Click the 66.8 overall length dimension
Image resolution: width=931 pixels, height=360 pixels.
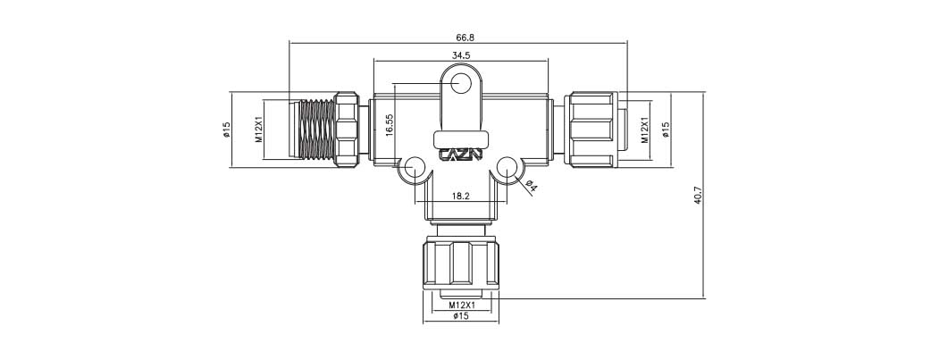pyautogui.click(x=464, y=38)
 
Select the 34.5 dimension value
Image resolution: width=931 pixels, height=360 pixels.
pyautogui.click(x=461, y=55)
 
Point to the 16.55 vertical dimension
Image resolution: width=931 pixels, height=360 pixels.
pyautogui.click(x=390, y=124)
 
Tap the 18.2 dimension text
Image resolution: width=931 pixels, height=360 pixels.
pyautogui.click(x=461, y=195)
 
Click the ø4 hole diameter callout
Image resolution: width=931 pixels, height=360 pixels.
pyautogui.click(x=531, y=186)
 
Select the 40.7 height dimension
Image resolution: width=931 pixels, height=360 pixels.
pyautogui.click(x=698, y=196)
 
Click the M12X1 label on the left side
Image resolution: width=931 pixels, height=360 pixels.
pyautogui.click(x=258, y=130)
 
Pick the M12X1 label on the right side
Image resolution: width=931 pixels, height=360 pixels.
pyautogui.click(x=645, y=130)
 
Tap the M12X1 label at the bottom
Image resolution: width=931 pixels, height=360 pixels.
pyautogui.click(x=461, y=305)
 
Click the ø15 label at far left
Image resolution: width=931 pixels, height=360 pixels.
pyautogui.click(x=227, y=130)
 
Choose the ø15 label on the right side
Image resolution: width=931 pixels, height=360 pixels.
pyautogui.click(x=666, y=130)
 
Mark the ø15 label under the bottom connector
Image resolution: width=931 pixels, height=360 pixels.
pyautogui.click(x=461, y=316)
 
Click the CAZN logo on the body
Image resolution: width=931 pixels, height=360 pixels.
pyautogui.click(x=461, y=155)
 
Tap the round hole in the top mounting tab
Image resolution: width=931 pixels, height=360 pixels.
pyautogui.click(x=461, y=85)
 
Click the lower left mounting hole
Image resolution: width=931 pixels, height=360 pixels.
pyautogui.click(x=415, y=167)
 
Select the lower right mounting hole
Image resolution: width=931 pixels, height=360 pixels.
pyautogui.click(x=507, y=167)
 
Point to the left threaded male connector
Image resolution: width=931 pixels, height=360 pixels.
pyautogui.click(x=317, y=130)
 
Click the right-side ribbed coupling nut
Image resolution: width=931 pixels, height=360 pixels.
pyautogui.click(x=590, y=130)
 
